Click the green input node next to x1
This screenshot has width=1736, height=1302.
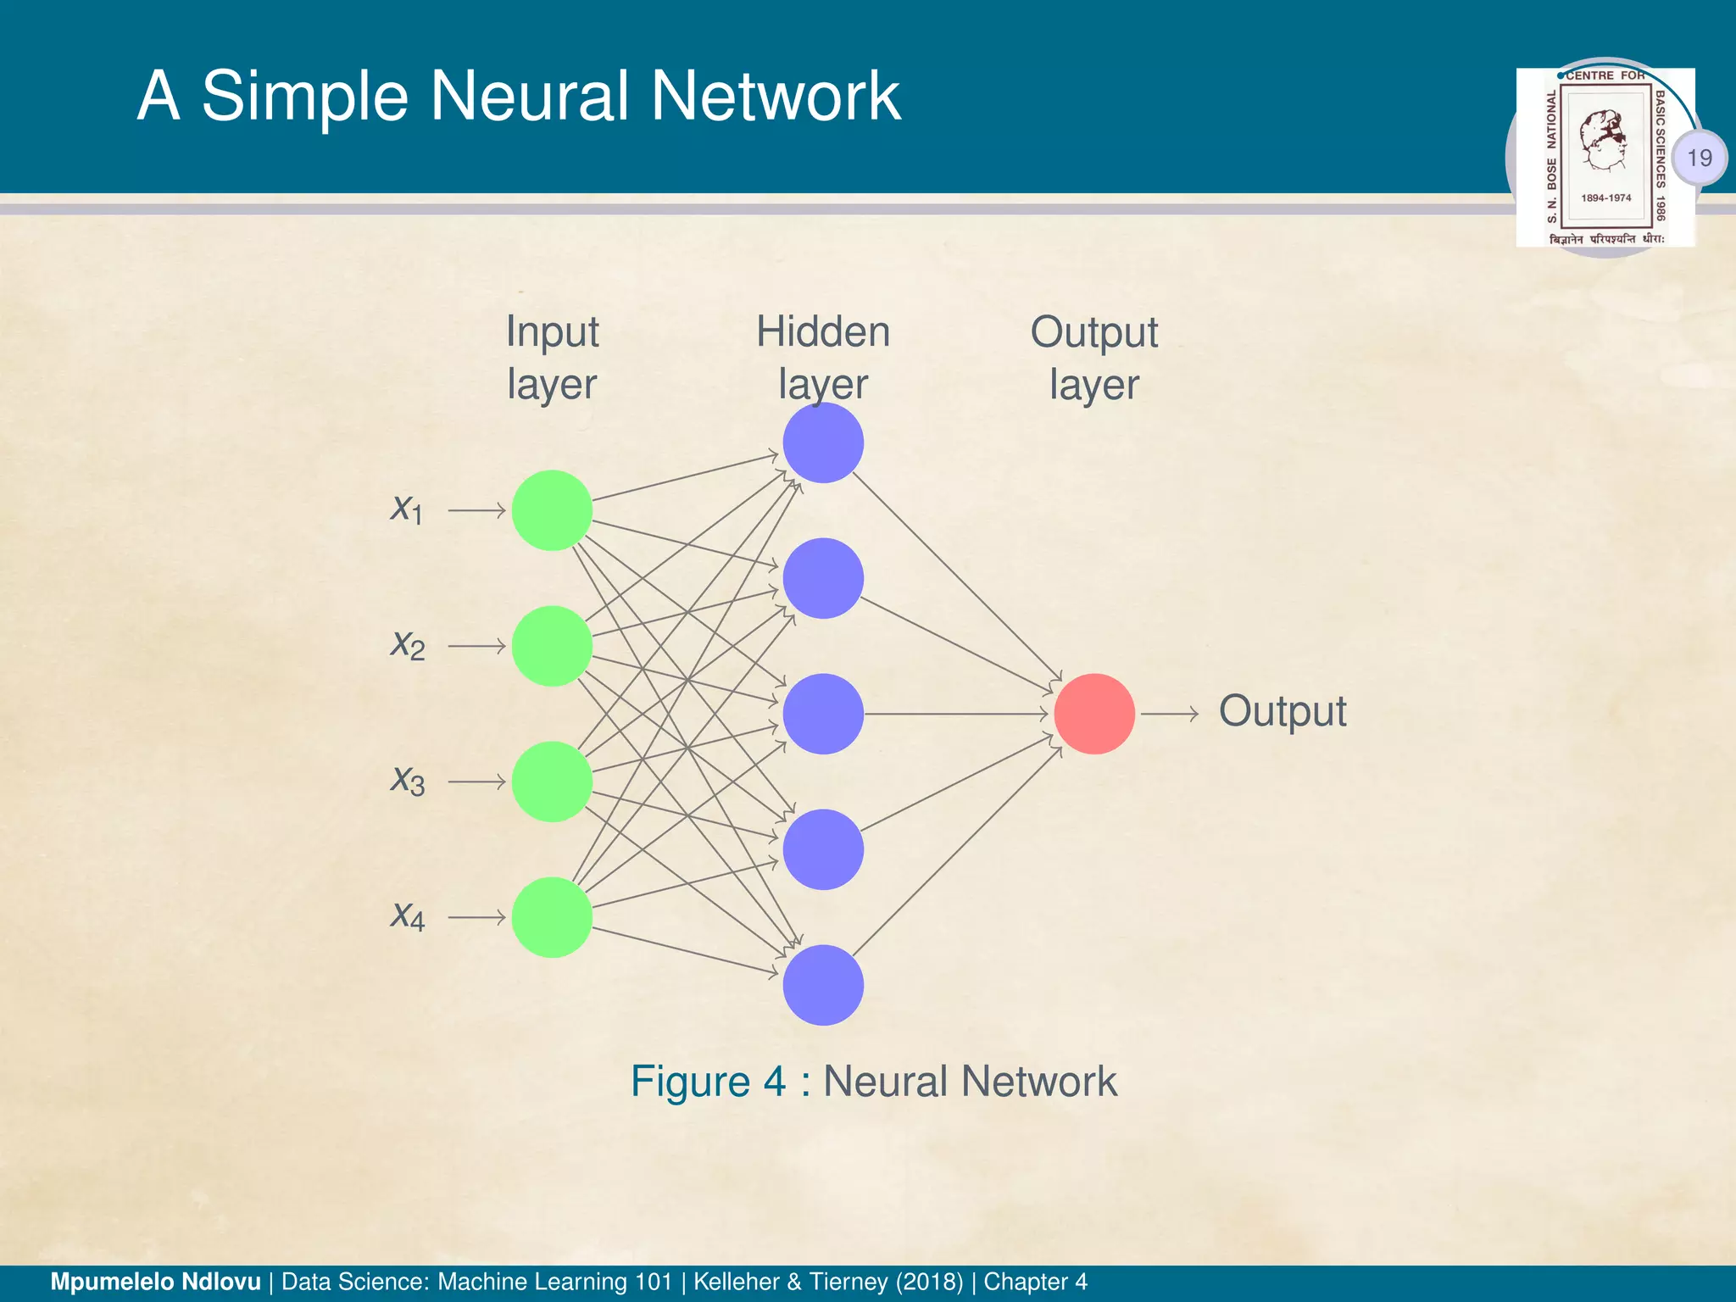(552, 510)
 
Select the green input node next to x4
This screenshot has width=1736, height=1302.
(552, 917)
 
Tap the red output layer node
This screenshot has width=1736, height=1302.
(1094, 714)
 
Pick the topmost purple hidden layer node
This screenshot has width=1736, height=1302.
(823, 442)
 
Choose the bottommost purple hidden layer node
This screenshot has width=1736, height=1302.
(823, 985)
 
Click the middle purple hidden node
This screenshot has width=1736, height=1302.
(823, 714)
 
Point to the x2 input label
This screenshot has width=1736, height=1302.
(407, 646)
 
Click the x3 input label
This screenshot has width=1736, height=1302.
(407, 781)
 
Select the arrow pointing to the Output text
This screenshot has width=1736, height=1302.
(1169, 714)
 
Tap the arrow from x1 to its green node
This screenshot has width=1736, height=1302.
(476, 510)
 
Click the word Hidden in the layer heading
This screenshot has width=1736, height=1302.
(823, 331)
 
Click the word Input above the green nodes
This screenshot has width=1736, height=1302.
(552, 331)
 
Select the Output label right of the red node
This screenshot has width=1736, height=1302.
(1282, 711)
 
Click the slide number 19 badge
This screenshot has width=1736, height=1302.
(1699, 158)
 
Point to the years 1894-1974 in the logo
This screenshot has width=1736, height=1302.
(1605, 198)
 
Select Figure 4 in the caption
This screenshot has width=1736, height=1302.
(708, 1082)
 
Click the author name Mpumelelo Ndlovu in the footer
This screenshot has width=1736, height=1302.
(156, 1282)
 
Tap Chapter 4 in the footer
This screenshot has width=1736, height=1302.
(1035, 1282)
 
